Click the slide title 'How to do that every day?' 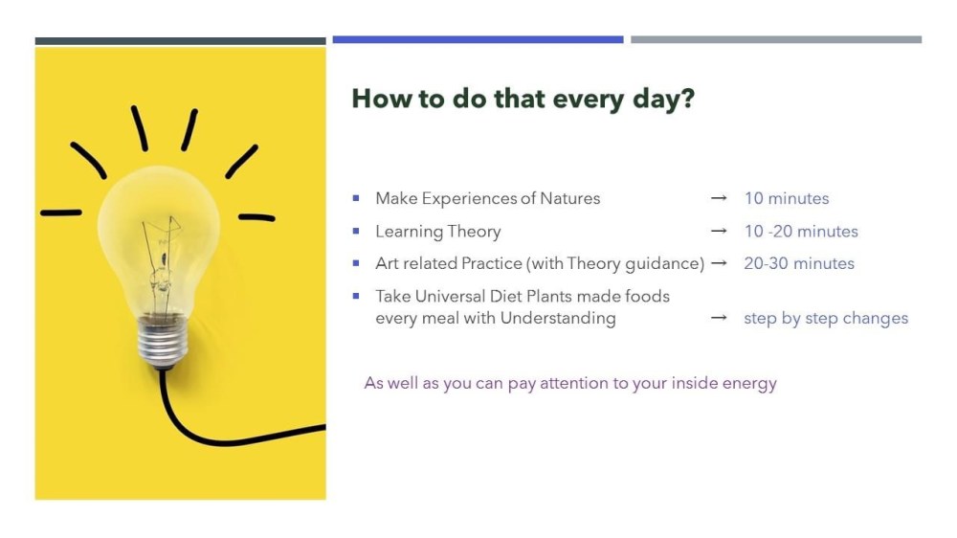pyautogui.click(x=523, y=99)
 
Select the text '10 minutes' pyautogui.click(x=786, y=198)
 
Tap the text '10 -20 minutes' pyautogui.click(x=801, y=232)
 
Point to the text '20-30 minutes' pyautogui.click(x=799, y=263)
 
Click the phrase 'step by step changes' pyautogui.click(x=826, y=318)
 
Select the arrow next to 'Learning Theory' pyautogui.click(x=719, y=231)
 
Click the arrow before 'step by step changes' pyautogui.click(x=719, y=318)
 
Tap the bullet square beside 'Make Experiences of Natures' pyautogui.click(x=356, y=198)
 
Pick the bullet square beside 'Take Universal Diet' pyautogui.click(x=356, y=296)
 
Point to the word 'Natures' pyautogui.click(x=570, y=198)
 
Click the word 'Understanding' pyautogui.click(x=558, y=318)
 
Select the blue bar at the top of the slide pyautogui.click(x=478, y=39)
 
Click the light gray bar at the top pyautogui.click(x=776, y=39)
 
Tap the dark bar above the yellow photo pyautogui.click(x=180, y=41)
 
